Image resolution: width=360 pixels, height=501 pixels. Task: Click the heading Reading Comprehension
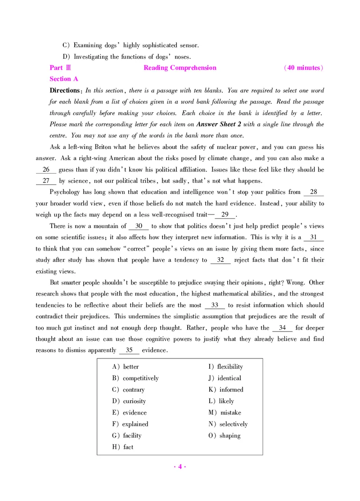pos(180,68)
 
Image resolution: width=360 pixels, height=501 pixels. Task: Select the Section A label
pos(64,79)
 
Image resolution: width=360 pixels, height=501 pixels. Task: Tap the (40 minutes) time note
pos(304,68)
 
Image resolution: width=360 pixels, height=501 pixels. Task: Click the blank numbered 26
pos(46,170)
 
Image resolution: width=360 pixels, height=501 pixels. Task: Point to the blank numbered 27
pos(46,181)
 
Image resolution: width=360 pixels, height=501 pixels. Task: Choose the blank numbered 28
pos(314,192)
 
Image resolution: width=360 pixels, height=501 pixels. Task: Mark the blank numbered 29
pos(225,215)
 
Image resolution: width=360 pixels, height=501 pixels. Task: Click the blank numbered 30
pos(139,226)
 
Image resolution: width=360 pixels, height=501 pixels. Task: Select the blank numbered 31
pos(314,237)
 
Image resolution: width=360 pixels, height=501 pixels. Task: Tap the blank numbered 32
pos(220,260)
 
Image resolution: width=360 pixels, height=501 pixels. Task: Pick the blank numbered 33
pos(215,305)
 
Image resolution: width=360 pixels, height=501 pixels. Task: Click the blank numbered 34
pos(282,328)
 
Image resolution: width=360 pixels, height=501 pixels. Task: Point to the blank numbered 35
pos(129,350)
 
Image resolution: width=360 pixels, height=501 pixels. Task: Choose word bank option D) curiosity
pos(129,401)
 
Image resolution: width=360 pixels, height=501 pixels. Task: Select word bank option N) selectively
pos(228,424)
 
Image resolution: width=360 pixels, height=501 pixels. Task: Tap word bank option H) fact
pos(123,447)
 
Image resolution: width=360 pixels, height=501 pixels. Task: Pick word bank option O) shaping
pos(225,435)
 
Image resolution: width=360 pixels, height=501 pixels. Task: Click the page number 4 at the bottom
pos(180,466)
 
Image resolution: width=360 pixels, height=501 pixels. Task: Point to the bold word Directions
pos(65,90)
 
